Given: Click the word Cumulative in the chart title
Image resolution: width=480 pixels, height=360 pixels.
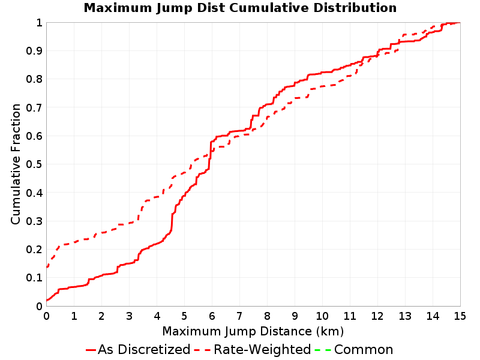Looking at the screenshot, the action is (x=269, y=8).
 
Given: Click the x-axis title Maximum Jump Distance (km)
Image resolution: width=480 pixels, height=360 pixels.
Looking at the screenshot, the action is (x=253, y=332).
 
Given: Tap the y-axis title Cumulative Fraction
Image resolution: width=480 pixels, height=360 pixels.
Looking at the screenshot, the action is (x=16, y=164).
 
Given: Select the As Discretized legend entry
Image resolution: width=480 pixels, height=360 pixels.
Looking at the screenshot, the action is (x=139, y=350).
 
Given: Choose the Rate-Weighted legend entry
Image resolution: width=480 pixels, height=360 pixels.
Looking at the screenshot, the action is (x=253, y=350).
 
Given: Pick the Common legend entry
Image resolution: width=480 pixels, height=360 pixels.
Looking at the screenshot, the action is (x=354, y=350).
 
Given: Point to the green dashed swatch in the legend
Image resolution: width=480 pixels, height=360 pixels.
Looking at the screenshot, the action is (x=323, y=350).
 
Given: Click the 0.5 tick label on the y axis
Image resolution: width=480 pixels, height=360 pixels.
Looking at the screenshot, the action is (x=34, y=164).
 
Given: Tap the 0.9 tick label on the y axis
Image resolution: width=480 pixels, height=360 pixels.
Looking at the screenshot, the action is (x=34, y=51).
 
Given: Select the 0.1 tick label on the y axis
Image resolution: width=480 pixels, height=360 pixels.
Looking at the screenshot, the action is (x=34, y=278).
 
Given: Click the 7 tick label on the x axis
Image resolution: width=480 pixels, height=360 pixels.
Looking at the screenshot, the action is (x=239, y=316).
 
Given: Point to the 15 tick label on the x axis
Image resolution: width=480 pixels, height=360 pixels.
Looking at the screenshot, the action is (x=460, y=316).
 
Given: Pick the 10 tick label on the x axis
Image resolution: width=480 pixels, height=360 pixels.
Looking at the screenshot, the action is (x=322, y=316).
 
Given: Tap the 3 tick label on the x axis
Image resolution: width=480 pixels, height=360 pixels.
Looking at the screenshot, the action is (x=129, y=316).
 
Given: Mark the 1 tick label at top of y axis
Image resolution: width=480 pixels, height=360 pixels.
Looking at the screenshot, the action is (x=39, y=23).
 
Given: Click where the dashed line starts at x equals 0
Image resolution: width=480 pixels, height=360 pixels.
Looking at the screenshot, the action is (x=47, y=267).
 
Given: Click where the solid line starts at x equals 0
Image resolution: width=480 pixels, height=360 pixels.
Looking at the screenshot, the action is (x=47, y=301).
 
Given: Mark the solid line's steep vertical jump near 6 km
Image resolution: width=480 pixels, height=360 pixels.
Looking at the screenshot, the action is (x=211, y=155).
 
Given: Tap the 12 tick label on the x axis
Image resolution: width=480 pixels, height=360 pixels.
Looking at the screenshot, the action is (x=377, y=316).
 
